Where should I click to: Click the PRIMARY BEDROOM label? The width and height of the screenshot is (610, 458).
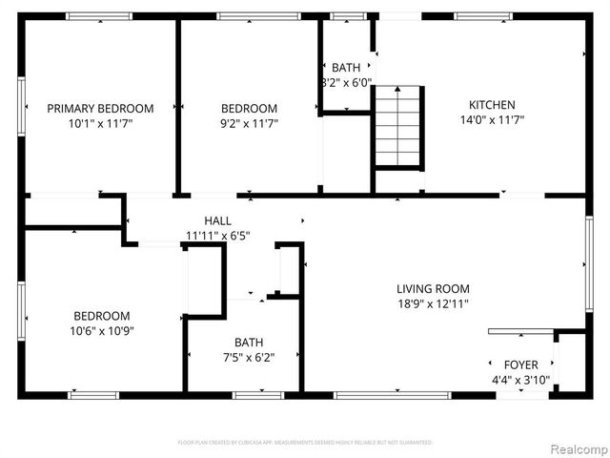point(100,108)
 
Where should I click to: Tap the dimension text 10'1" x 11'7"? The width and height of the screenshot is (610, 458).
point(100,123)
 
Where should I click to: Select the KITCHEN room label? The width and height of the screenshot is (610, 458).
point(492,105)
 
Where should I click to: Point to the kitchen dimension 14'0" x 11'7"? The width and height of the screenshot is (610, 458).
point(492,120)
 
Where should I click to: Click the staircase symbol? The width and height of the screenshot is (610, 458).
point(397,126)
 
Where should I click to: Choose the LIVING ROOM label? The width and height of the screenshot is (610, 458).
point(433,288)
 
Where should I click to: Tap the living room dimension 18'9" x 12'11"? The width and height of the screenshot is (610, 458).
point(433,303)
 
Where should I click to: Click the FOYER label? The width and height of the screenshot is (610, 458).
point(520,364)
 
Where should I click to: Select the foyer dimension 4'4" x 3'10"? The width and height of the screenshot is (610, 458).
point(520,380)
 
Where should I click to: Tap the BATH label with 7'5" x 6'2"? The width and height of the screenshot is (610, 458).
point(250,342)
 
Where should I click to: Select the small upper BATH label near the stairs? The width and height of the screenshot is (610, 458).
point(346,68)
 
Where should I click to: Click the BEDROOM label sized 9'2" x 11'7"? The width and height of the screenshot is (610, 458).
point(249,108)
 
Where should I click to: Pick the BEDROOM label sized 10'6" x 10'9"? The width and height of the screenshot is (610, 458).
point(102,316)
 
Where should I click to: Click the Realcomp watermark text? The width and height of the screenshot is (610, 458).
point(576,448)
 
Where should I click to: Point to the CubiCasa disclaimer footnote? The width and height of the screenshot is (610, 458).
point(305,443)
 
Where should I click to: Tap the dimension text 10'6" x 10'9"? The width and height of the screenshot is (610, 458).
point(102,331)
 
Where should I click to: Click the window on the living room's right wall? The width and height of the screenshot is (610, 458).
point(590,264)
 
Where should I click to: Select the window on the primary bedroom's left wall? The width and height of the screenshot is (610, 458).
point(21,105)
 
